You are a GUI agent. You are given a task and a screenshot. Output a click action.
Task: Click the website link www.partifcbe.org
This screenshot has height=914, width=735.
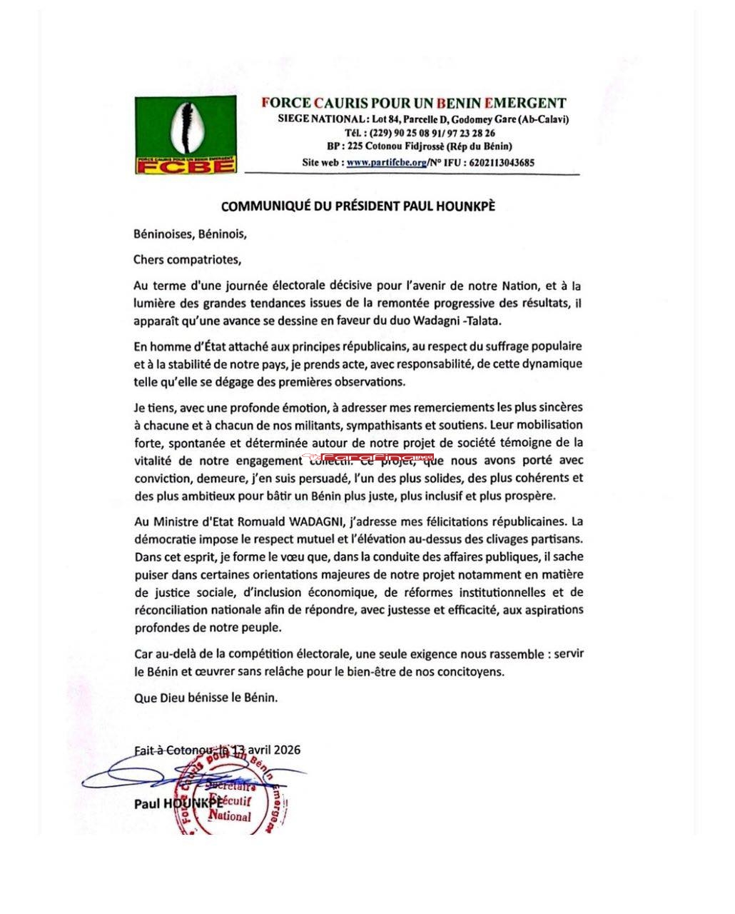click(386, 162)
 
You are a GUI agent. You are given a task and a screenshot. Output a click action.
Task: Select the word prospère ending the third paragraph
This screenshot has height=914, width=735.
click(529, 495)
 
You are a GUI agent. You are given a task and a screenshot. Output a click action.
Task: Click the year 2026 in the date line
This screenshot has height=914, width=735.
click(286, 750)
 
